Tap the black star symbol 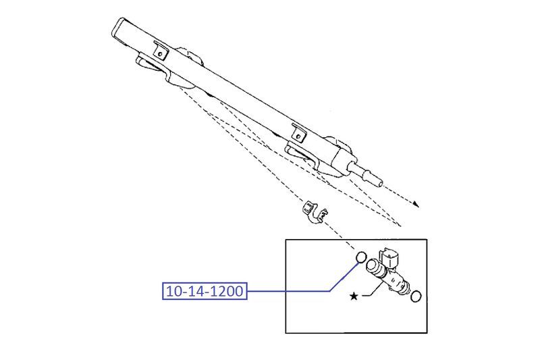(353, 296)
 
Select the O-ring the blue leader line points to (360, 257)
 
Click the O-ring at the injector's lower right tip (417, 296)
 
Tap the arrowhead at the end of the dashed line (417, 203)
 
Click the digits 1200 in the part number (226, 292)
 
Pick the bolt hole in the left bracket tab (161, 51)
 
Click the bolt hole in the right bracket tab (298, 132)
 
